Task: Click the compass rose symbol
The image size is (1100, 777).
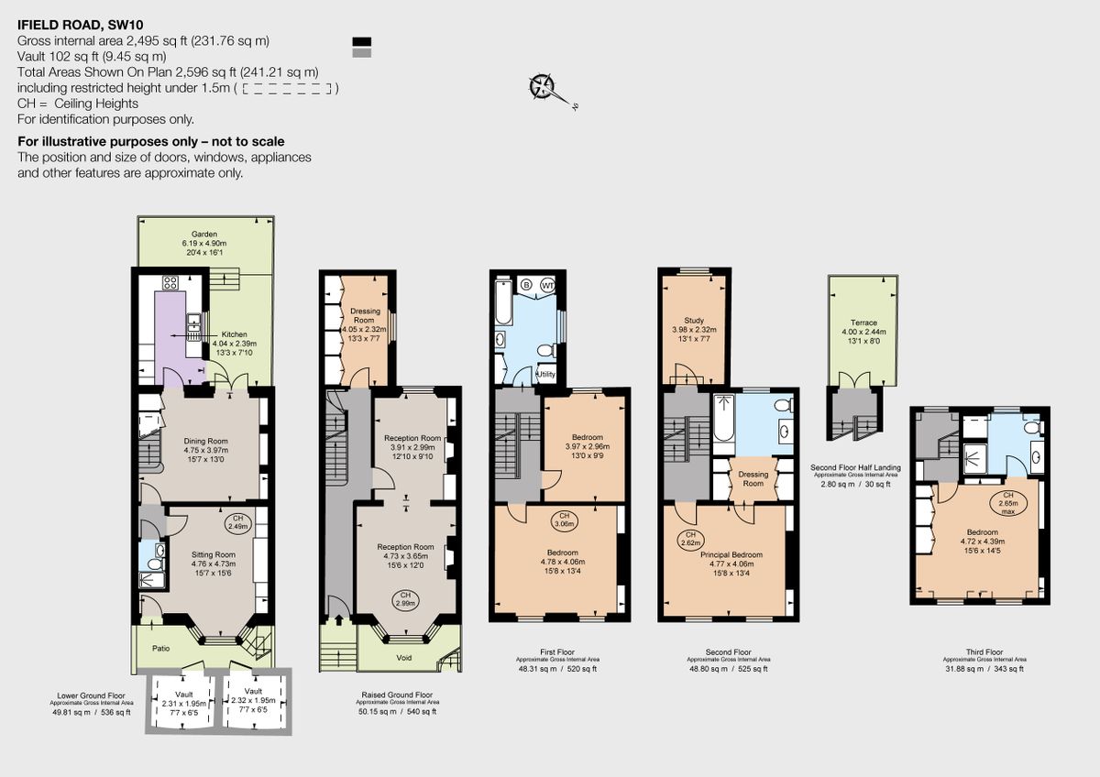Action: tap(542, 86)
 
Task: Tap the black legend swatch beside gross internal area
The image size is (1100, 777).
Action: tap(362, 41)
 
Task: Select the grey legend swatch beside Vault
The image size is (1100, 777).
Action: tap(362, 53)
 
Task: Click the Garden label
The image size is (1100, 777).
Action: tap(203, 235)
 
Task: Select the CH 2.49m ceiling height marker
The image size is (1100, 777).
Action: tap(237, 522)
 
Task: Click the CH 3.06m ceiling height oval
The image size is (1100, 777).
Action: tap(562, 521)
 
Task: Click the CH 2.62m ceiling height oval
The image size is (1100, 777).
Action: tap(690, 540)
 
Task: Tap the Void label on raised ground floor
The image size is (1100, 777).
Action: tap(403, 658)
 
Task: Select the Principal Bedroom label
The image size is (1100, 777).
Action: tap(731, 554)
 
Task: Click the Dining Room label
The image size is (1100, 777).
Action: tap(205, 441)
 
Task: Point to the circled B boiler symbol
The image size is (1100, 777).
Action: tap(526, 284)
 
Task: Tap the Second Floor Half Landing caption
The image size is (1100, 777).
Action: tap(855, 467)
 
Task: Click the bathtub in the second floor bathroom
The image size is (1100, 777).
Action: tap(723, 421)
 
